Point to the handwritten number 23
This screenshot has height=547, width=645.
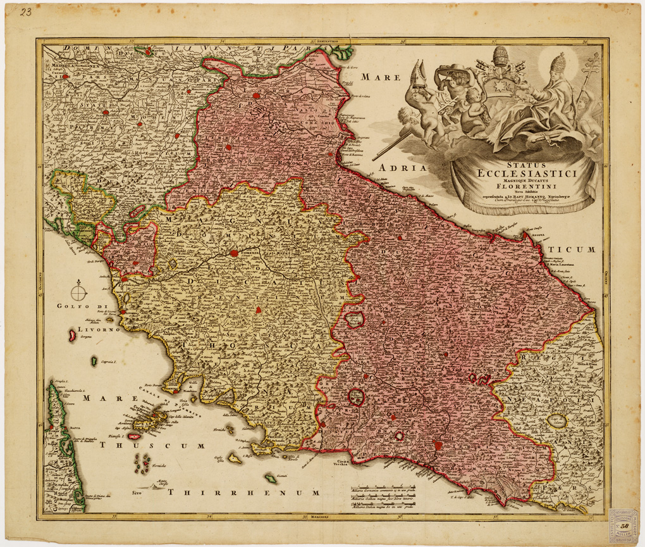[26, 12]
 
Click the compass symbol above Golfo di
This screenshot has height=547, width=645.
[78, 292]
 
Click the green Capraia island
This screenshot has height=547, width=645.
[94, 362]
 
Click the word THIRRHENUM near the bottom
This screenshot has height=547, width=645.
[243, 491]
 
